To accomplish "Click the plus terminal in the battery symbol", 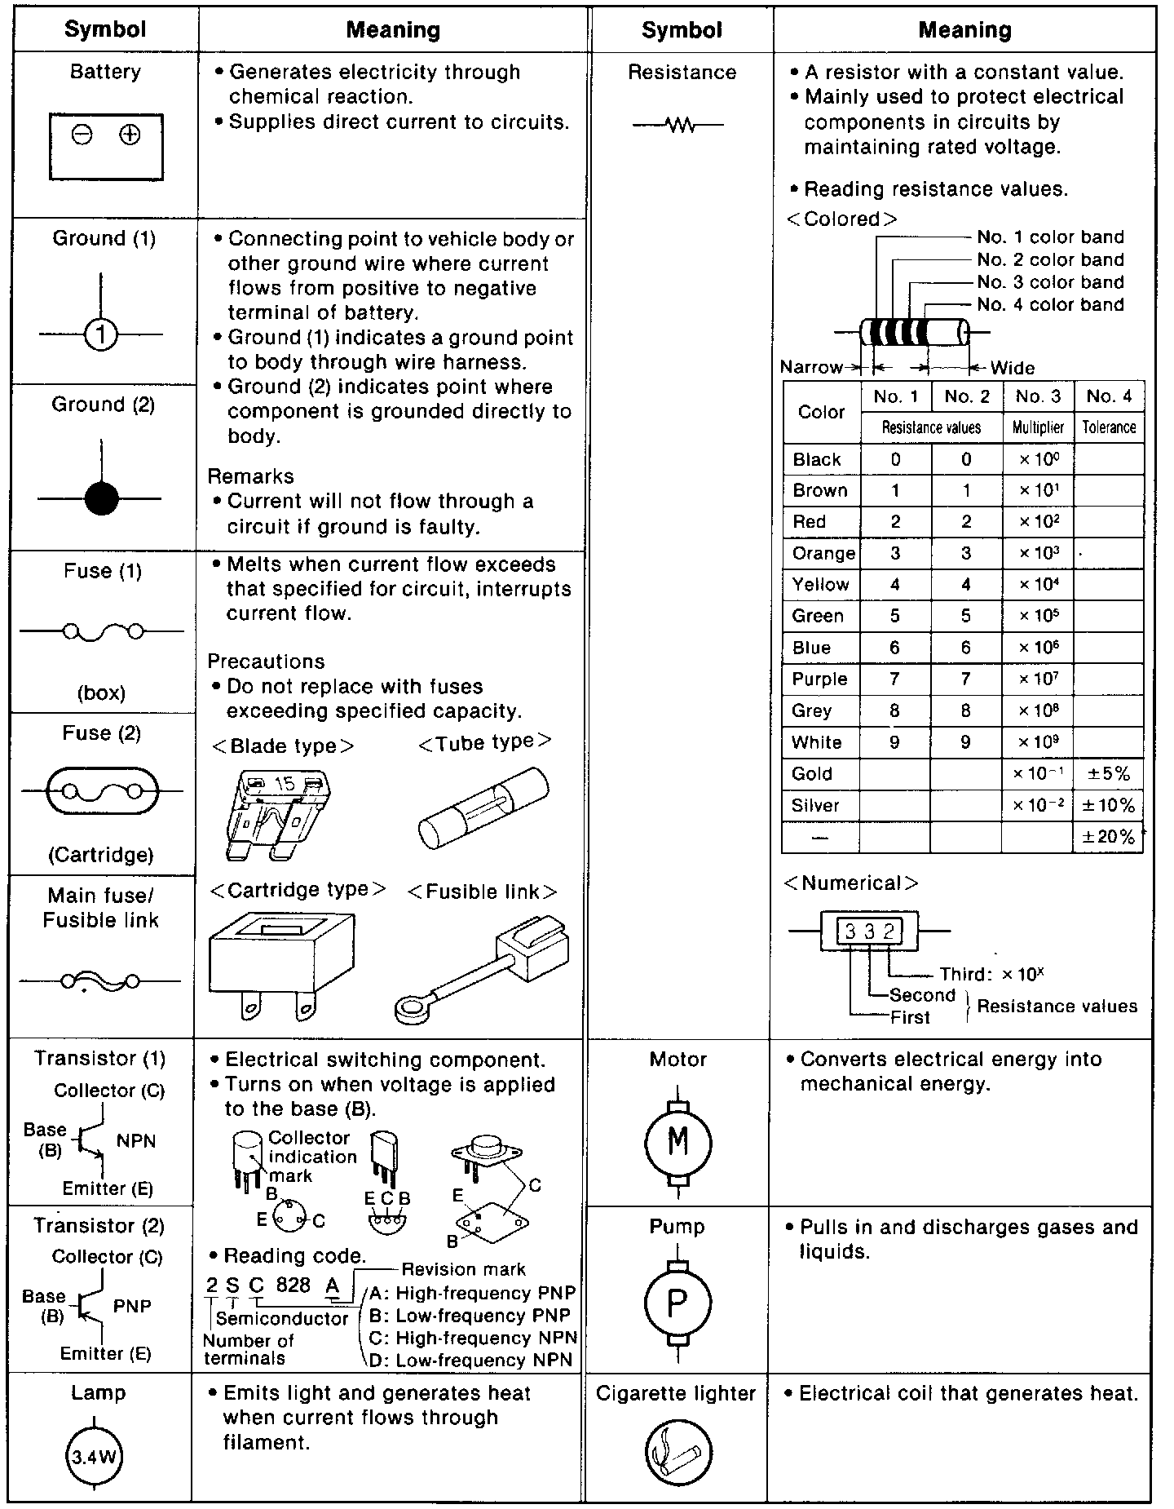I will tap(130, 135).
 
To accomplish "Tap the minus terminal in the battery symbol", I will tap(82, 135).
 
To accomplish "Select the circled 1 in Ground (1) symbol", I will tap(100, 334).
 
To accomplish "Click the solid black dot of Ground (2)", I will tap(101, 498).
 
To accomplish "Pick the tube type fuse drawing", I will tap(483, 808).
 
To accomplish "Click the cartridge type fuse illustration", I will tap(281, 962).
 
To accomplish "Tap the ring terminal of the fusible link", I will tap(417, 1009).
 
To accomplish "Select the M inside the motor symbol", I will tap(678, 1141).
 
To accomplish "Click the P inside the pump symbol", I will tap(677, 1303).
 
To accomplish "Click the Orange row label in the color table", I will tap(823, 554).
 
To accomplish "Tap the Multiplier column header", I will tap(1038, 427).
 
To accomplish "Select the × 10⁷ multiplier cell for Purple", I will tap(1038, 679).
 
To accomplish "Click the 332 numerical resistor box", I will tap(869, 931).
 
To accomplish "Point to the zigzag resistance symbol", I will tap(678, 126).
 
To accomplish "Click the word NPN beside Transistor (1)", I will tap(135, 1141).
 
